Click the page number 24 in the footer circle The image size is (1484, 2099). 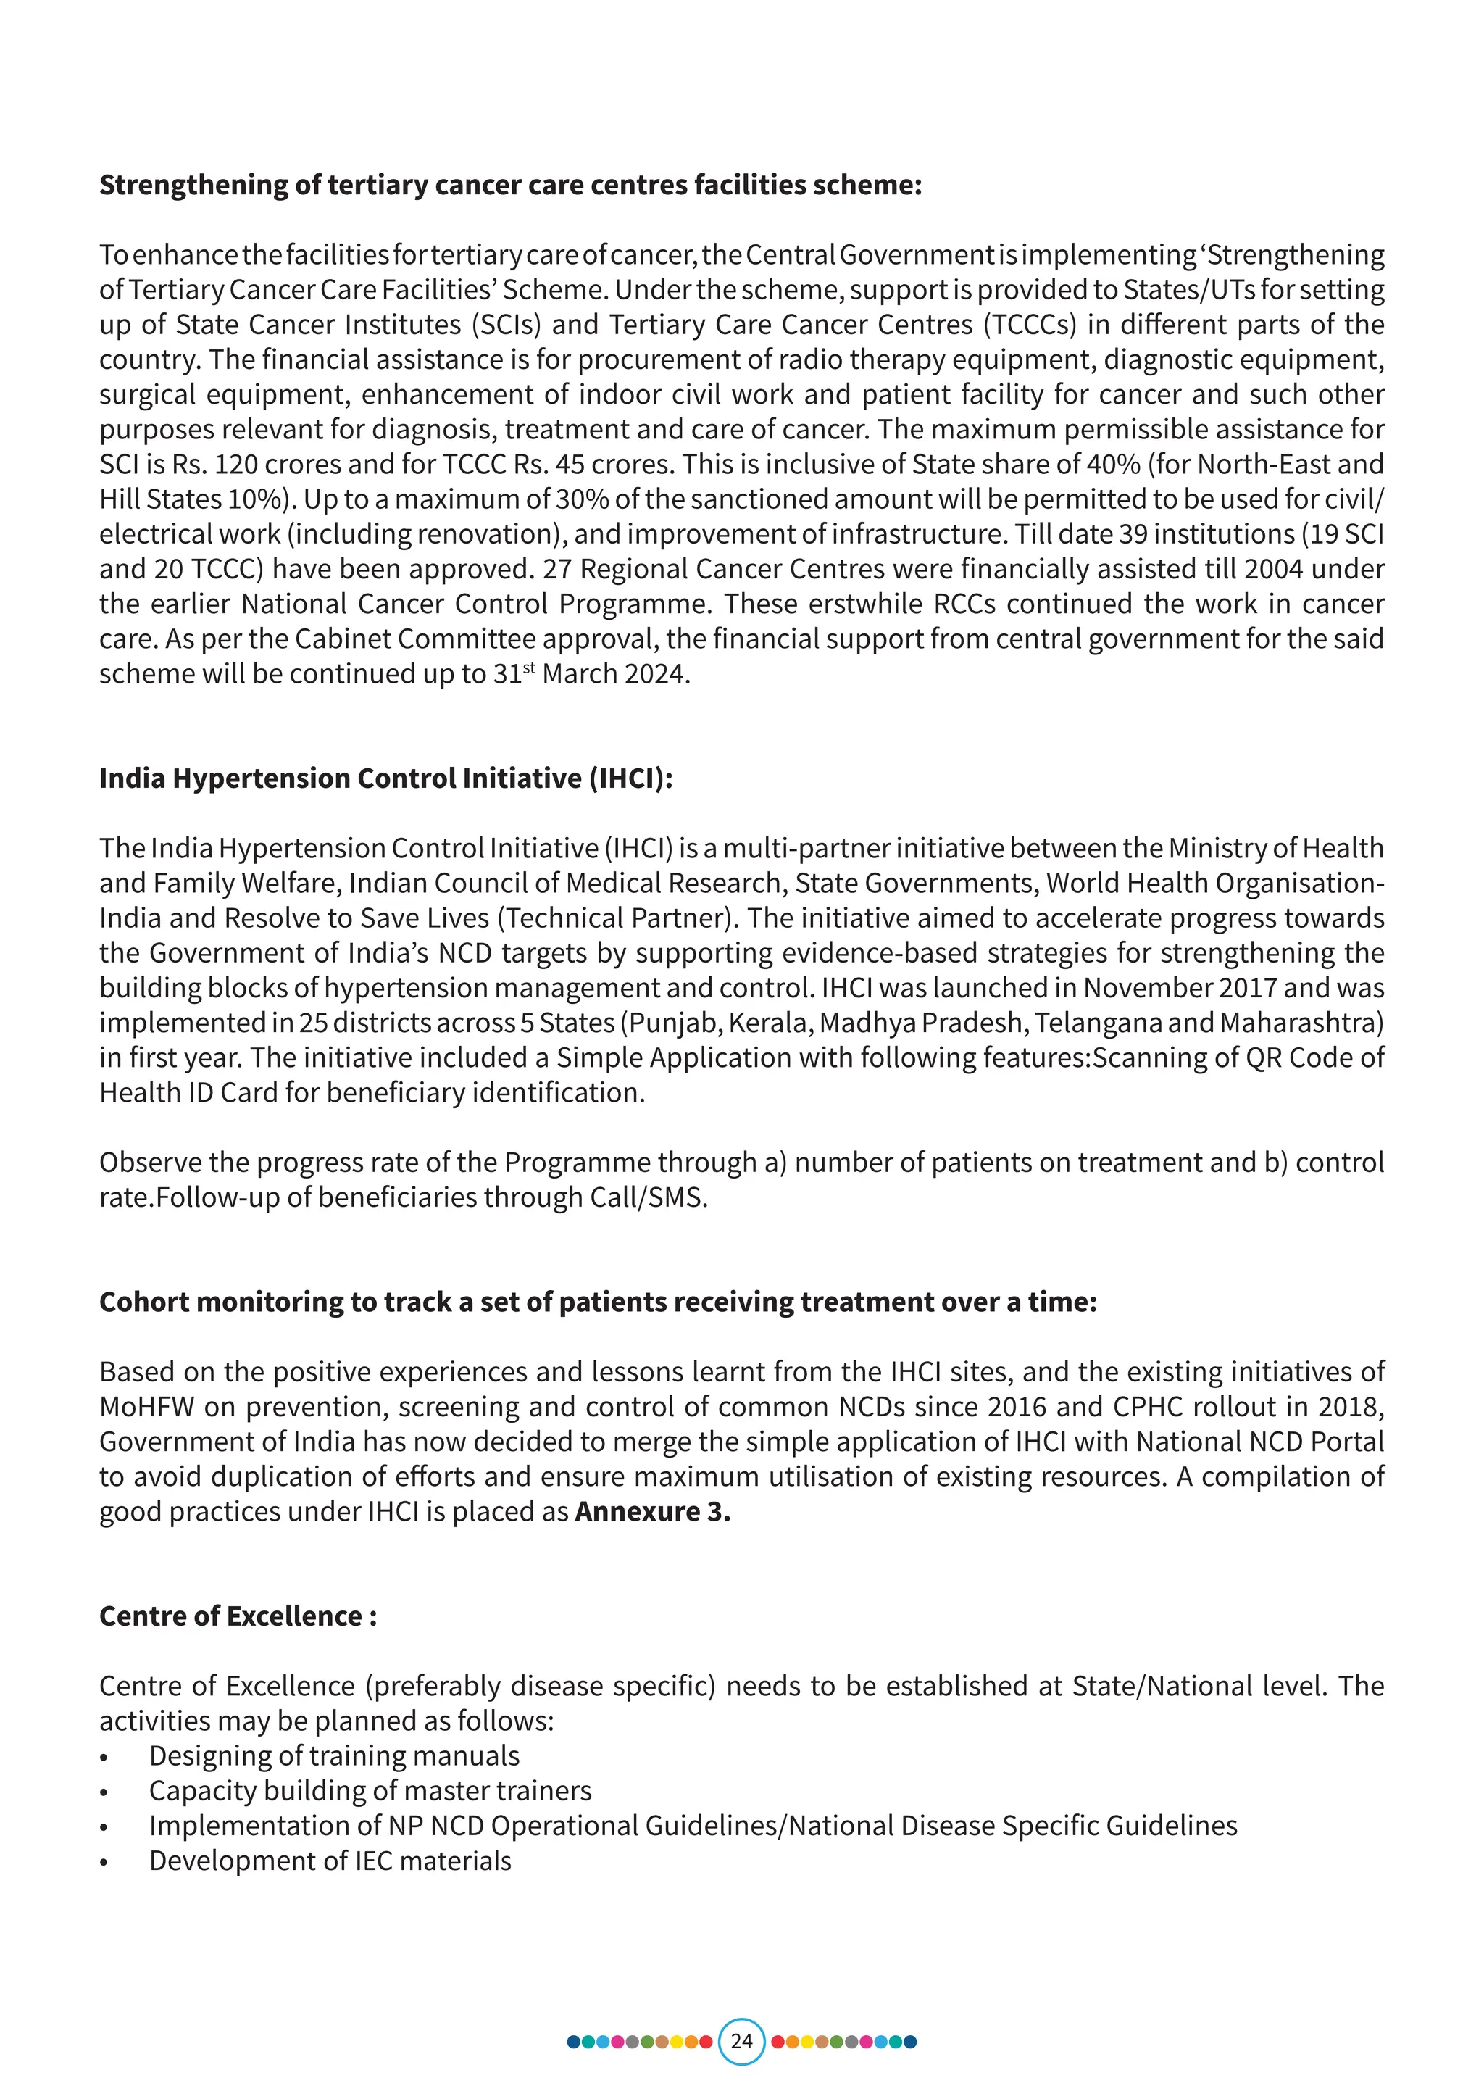click(741, 2040)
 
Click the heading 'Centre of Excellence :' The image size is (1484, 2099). click(238, 1616)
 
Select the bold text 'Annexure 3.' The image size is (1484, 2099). click(652, 1511)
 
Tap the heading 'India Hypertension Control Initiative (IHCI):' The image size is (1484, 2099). click(385, 778)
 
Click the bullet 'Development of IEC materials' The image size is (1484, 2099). click(330, 1861)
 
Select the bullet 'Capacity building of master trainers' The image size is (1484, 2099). click(370, 1790)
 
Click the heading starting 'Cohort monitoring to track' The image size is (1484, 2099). click(598, 1302)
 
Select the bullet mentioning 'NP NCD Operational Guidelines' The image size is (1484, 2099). click(693, 1825)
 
